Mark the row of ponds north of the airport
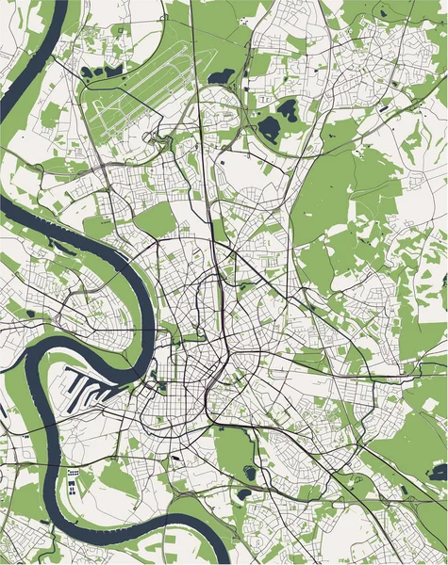click(98, 70)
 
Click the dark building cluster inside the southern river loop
click(73, 485)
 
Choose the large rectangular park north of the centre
click(156, 220)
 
